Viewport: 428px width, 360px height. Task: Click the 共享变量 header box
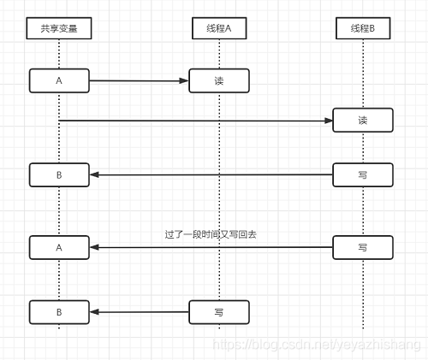coord(59,29)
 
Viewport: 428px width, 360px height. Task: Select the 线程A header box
coord(219,29)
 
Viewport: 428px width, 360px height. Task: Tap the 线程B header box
coord(363,29)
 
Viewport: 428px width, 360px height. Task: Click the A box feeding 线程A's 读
coord(59,81)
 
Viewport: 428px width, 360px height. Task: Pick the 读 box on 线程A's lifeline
coord(219,81)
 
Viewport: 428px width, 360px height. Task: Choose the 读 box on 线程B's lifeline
coord(363,121)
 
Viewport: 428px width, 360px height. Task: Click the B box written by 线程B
coord(59,174)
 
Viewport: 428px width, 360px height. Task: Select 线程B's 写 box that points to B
coord(363,174)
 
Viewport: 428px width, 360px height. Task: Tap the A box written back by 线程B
coord(59,247)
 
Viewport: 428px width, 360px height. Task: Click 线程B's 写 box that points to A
coord(363,247)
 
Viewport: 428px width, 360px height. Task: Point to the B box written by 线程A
coord(59,312)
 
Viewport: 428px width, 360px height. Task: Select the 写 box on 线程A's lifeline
coord(219,312)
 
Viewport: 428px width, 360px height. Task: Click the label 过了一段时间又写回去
coord(211,233)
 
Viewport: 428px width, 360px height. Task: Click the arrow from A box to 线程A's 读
coord(137,81)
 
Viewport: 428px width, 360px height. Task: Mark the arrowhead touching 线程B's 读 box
coord(328,121)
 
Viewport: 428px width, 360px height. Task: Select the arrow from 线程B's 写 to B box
coord(210,174)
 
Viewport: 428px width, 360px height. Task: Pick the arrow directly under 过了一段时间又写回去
coord(210,247)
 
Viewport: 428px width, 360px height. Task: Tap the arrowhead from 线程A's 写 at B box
coord(95,312)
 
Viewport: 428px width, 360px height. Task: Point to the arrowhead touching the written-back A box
coord(95,247)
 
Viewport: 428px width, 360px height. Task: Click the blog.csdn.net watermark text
coord(317,344)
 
